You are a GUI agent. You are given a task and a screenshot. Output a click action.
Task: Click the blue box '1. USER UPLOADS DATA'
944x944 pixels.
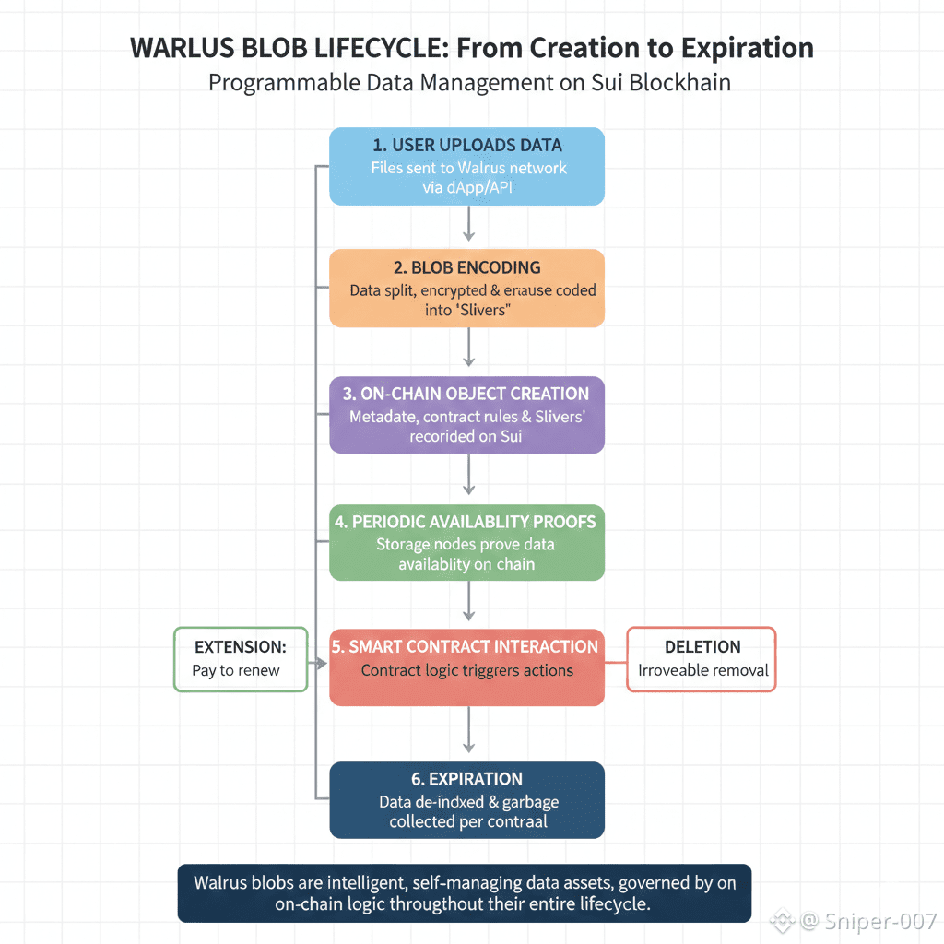pyautogui.click(x=466, y=166)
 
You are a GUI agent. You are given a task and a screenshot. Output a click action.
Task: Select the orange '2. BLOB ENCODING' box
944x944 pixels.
pyautogui.click(x=466, y=288)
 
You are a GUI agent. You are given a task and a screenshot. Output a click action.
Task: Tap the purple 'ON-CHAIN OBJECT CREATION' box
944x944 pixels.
pyautogui.click(x=466, y=414)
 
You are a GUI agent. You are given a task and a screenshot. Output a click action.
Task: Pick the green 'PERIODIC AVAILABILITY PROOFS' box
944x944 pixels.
pyautogui.click(x=466, y=542)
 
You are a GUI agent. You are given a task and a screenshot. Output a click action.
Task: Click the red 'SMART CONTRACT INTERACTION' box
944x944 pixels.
pyautogui.click(x=466, y=667)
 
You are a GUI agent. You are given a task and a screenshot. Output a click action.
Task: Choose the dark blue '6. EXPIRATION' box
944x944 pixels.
pyautogui.click(x=466, y=799)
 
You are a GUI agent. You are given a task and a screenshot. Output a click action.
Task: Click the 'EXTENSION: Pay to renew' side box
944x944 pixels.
pyautogui.click(x=240, y=659)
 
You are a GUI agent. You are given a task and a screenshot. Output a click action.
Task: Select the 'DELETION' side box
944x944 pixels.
pyautogui.click(x=702, y=659)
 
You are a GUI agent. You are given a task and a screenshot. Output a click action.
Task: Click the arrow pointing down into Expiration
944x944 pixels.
pyautogui.click(x=468, y=732)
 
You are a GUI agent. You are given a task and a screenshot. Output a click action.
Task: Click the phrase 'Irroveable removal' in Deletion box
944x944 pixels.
pyautogui.click(x=702, y=670)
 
